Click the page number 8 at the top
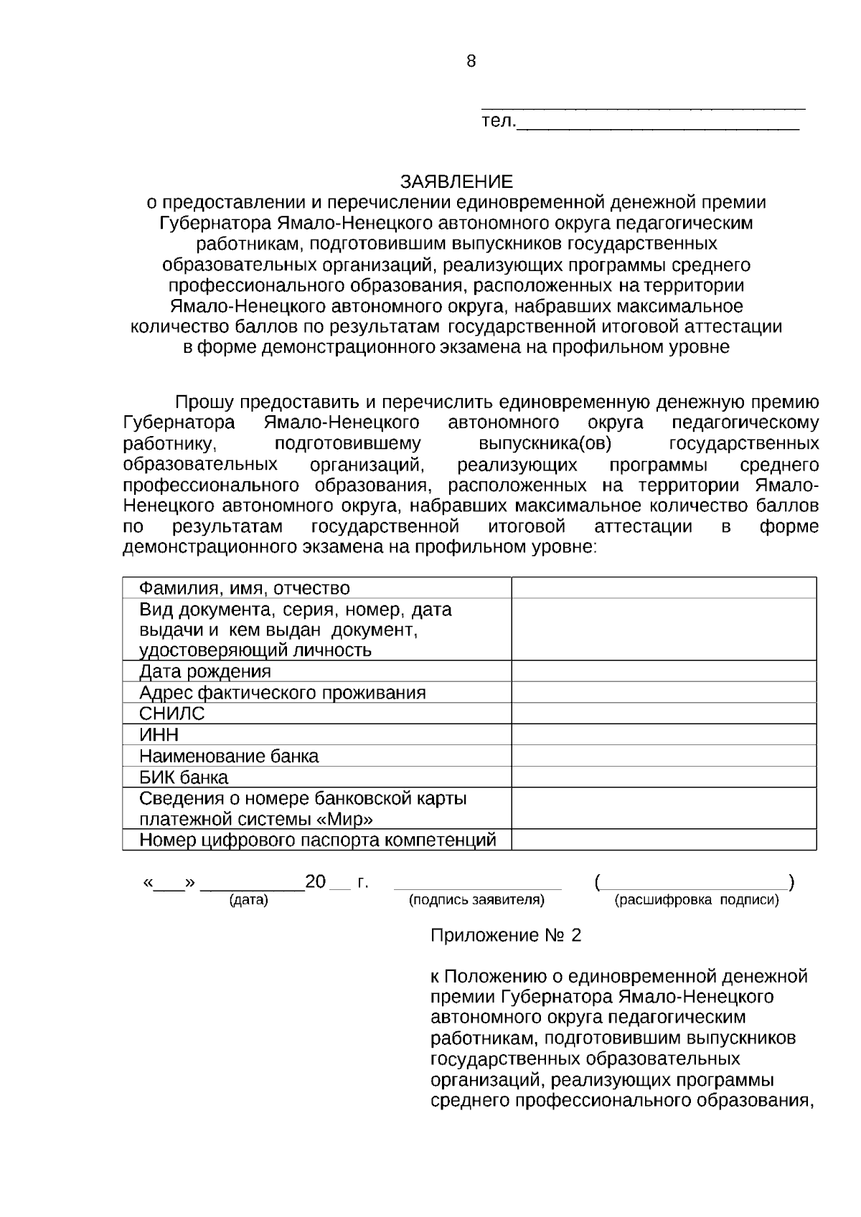471,62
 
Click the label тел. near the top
497,122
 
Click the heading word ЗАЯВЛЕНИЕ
457,181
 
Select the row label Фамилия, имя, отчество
244,589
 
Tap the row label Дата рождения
205,672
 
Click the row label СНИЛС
172,714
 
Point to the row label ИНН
159,735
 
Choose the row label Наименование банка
229,757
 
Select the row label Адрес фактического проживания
282,693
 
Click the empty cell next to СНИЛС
664,714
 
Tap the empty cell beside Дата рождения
664,672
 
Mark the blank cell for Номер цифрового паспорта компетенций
664,840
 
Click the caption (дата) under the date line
248,900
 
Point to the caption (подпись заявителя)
476,900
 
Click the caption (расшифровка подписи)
697,900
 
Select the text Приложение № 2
505,936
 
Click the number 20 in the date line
316,882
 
